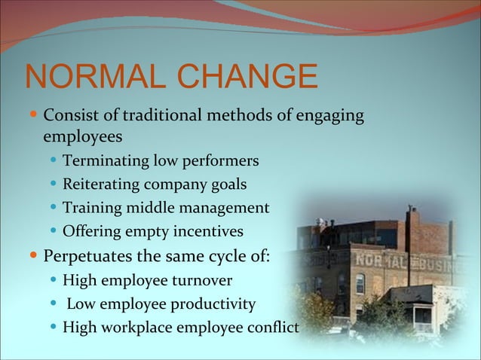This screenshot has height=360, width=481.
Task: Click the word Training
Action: tap(90, 207)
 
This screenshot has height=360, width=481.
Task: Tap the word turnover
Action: tap(202, 282)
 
